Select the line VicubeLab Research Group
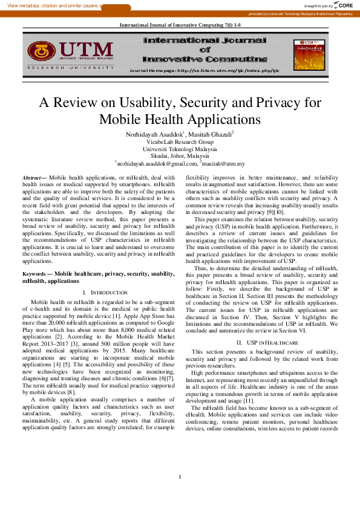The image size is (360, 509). (x=180, y=141)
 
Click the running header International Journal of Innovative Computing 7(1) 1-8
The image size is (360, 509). (x=180, y=25)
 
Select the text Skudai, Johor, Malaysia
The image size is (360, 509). (x=180, y=155)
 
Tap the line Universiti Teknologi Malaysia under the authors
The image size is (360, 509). (x=180, y=148)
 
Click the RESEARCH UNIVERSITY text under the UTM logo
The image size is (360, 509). (x=70, y=68)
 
